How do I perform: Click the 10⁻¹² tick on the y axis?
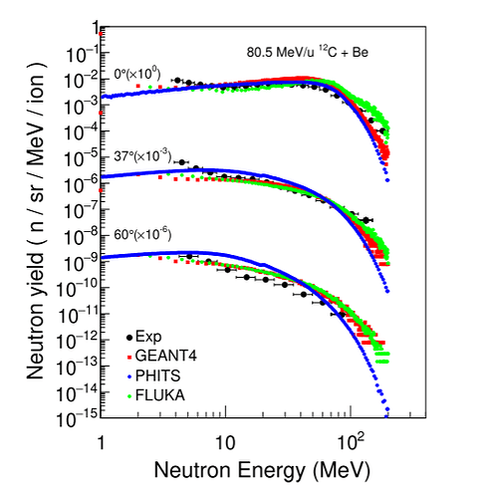pos(79,337)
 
